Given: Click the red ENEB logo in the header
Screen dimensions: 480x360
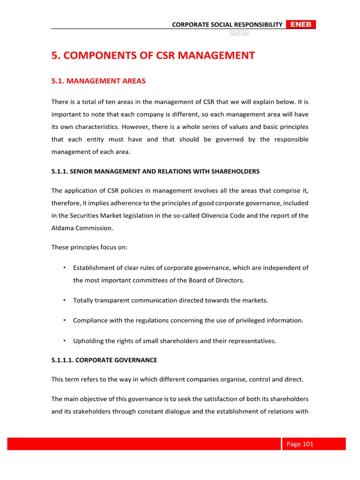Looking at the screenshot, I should pos(300,24).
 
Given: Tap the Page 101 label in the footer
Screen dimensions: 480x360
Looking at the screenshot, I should pos(300,444).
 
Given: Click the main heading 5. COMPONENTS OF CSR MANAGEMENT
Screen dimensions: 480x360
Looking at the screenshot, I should pos(153,56).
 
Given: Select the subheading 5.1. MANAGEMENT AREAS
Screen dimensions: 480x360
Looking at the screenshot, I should pos(98,81).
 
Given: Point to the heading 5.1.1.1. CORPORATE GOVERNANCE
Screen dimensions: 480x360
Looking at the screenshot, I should pos(104,360).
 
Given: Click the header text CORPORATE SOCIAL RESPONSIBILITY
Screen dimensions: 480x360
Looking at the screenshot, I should pos(227,24).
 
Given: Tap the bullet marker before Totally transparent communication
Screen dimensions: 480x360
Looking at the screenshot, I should pos(63,300).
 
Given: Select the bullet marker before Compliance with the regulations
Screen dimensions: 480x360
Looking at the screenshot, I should pos(63,320).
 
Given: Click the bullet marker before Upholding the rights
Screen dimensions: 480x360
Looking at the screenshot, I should pos(63,340).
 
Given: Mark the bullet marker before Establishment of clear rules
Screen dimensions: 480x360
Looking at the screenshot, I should pos(63,267).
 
